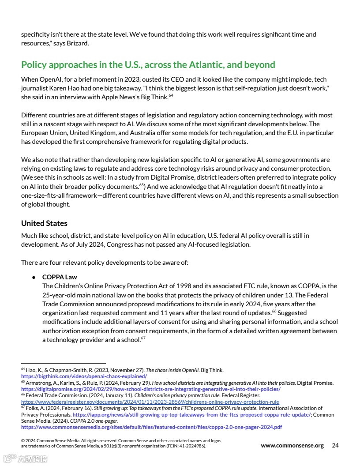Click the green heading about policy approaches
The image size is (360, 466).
click(148, 65)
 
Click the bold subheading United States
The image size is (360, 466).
click(44, 223)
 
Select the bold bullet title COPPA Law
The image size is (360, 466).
click(60, 277)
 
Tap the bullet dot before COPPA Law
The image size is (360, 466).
click(34, 277)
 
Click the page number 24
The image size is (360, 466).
click(335, 445)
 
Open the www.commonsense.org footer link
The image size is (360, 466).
click(292, 445)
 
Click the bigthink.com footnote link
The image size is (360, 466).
click(84, 376)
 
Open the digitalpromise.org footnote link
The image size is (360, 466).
click(150, 389)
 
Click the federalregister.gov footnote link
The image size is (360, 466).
click(150, 402)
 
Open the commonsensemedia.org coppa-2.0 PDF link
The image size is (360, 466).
click(151, 427)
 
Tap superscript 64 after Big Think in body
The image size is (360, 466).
click(170, 95)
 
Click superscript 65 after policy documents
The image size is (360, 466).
click(142, 185)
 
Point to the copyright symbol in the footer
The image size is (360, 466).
click(23, 440)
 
